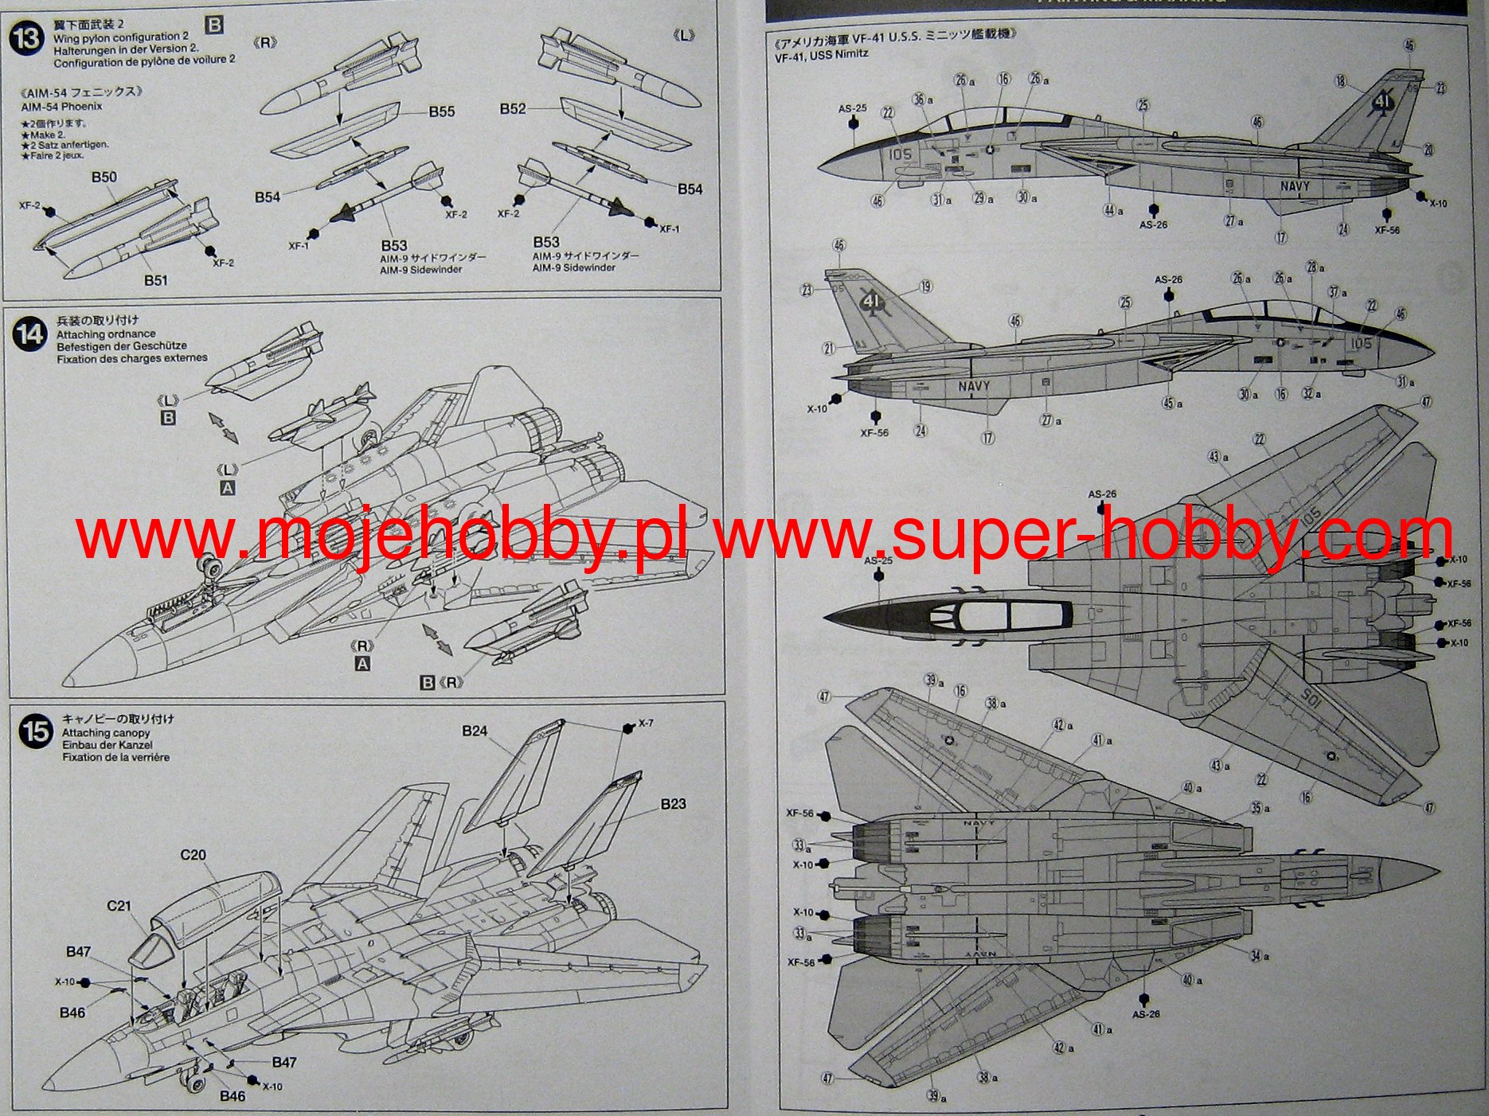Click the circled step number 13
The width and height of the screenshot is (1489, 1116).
27,37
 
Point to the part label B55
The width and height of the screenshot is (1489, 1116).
441,111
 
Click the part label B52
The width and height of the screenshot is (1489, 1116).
513,108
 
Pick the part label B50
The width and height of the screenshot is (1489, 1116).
104,177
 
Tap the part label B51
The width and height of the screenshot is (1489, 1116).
156,280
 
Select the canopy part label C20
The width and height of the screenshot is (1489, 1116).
193,855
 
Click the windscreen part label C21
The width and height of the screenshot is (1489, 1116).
119,906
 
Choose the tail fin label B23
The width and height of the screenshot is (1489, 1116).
673,804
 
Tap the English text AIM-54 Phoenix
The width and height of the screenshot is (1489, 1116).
61,106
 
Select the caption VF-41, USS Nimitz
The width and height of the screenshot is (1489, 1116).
821,53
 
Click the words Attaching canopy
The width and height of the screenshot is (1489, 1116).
106,732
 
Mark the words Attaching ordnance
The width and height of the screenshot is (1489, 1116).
106,334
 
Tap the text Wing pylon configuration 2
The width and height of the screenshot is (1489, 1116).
121,37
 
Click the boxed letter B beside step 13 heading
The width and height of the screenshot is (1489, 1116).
214,25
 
